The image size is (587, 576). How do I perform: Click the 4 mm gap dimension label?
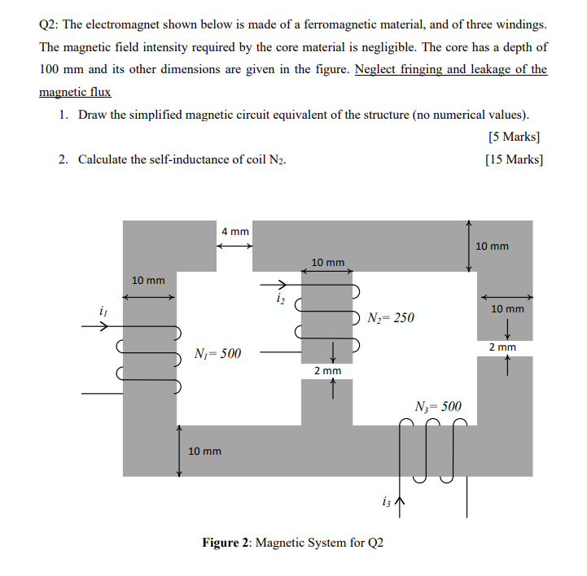click(234, 232)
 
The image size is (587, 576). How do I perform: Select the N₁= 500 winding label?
click(217, 354)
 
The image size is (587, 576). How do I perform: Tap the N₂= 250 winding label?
click(391, 317)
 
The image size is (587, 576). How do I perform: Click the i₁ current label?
click(102, 311)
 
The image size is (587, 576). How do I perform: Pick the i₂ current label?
click(280, 299)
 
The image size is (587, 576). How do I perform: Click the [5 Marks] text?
click(515, 136)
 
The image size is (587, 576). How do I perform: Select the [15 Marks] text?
click(513, 159)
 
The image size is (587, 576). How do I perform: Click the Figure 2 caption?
click(292, 543)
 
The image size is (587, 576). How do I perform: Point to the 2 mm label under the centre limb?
click(328, 371)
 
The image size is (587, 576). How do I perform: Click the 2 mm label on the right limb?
click(502, 347)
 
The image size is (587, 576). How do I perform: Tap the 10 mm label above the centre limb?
click(328, 262)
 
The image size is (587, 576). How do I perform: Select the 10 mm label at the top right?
click(492, 246)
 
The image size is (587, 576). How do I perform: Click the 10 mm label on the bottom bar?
click(204, 451)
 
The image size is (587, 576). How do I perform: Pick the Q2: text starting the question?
click(50, 24)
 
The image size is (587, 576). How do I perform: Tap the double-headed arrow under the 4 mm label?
click(234, 247)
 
